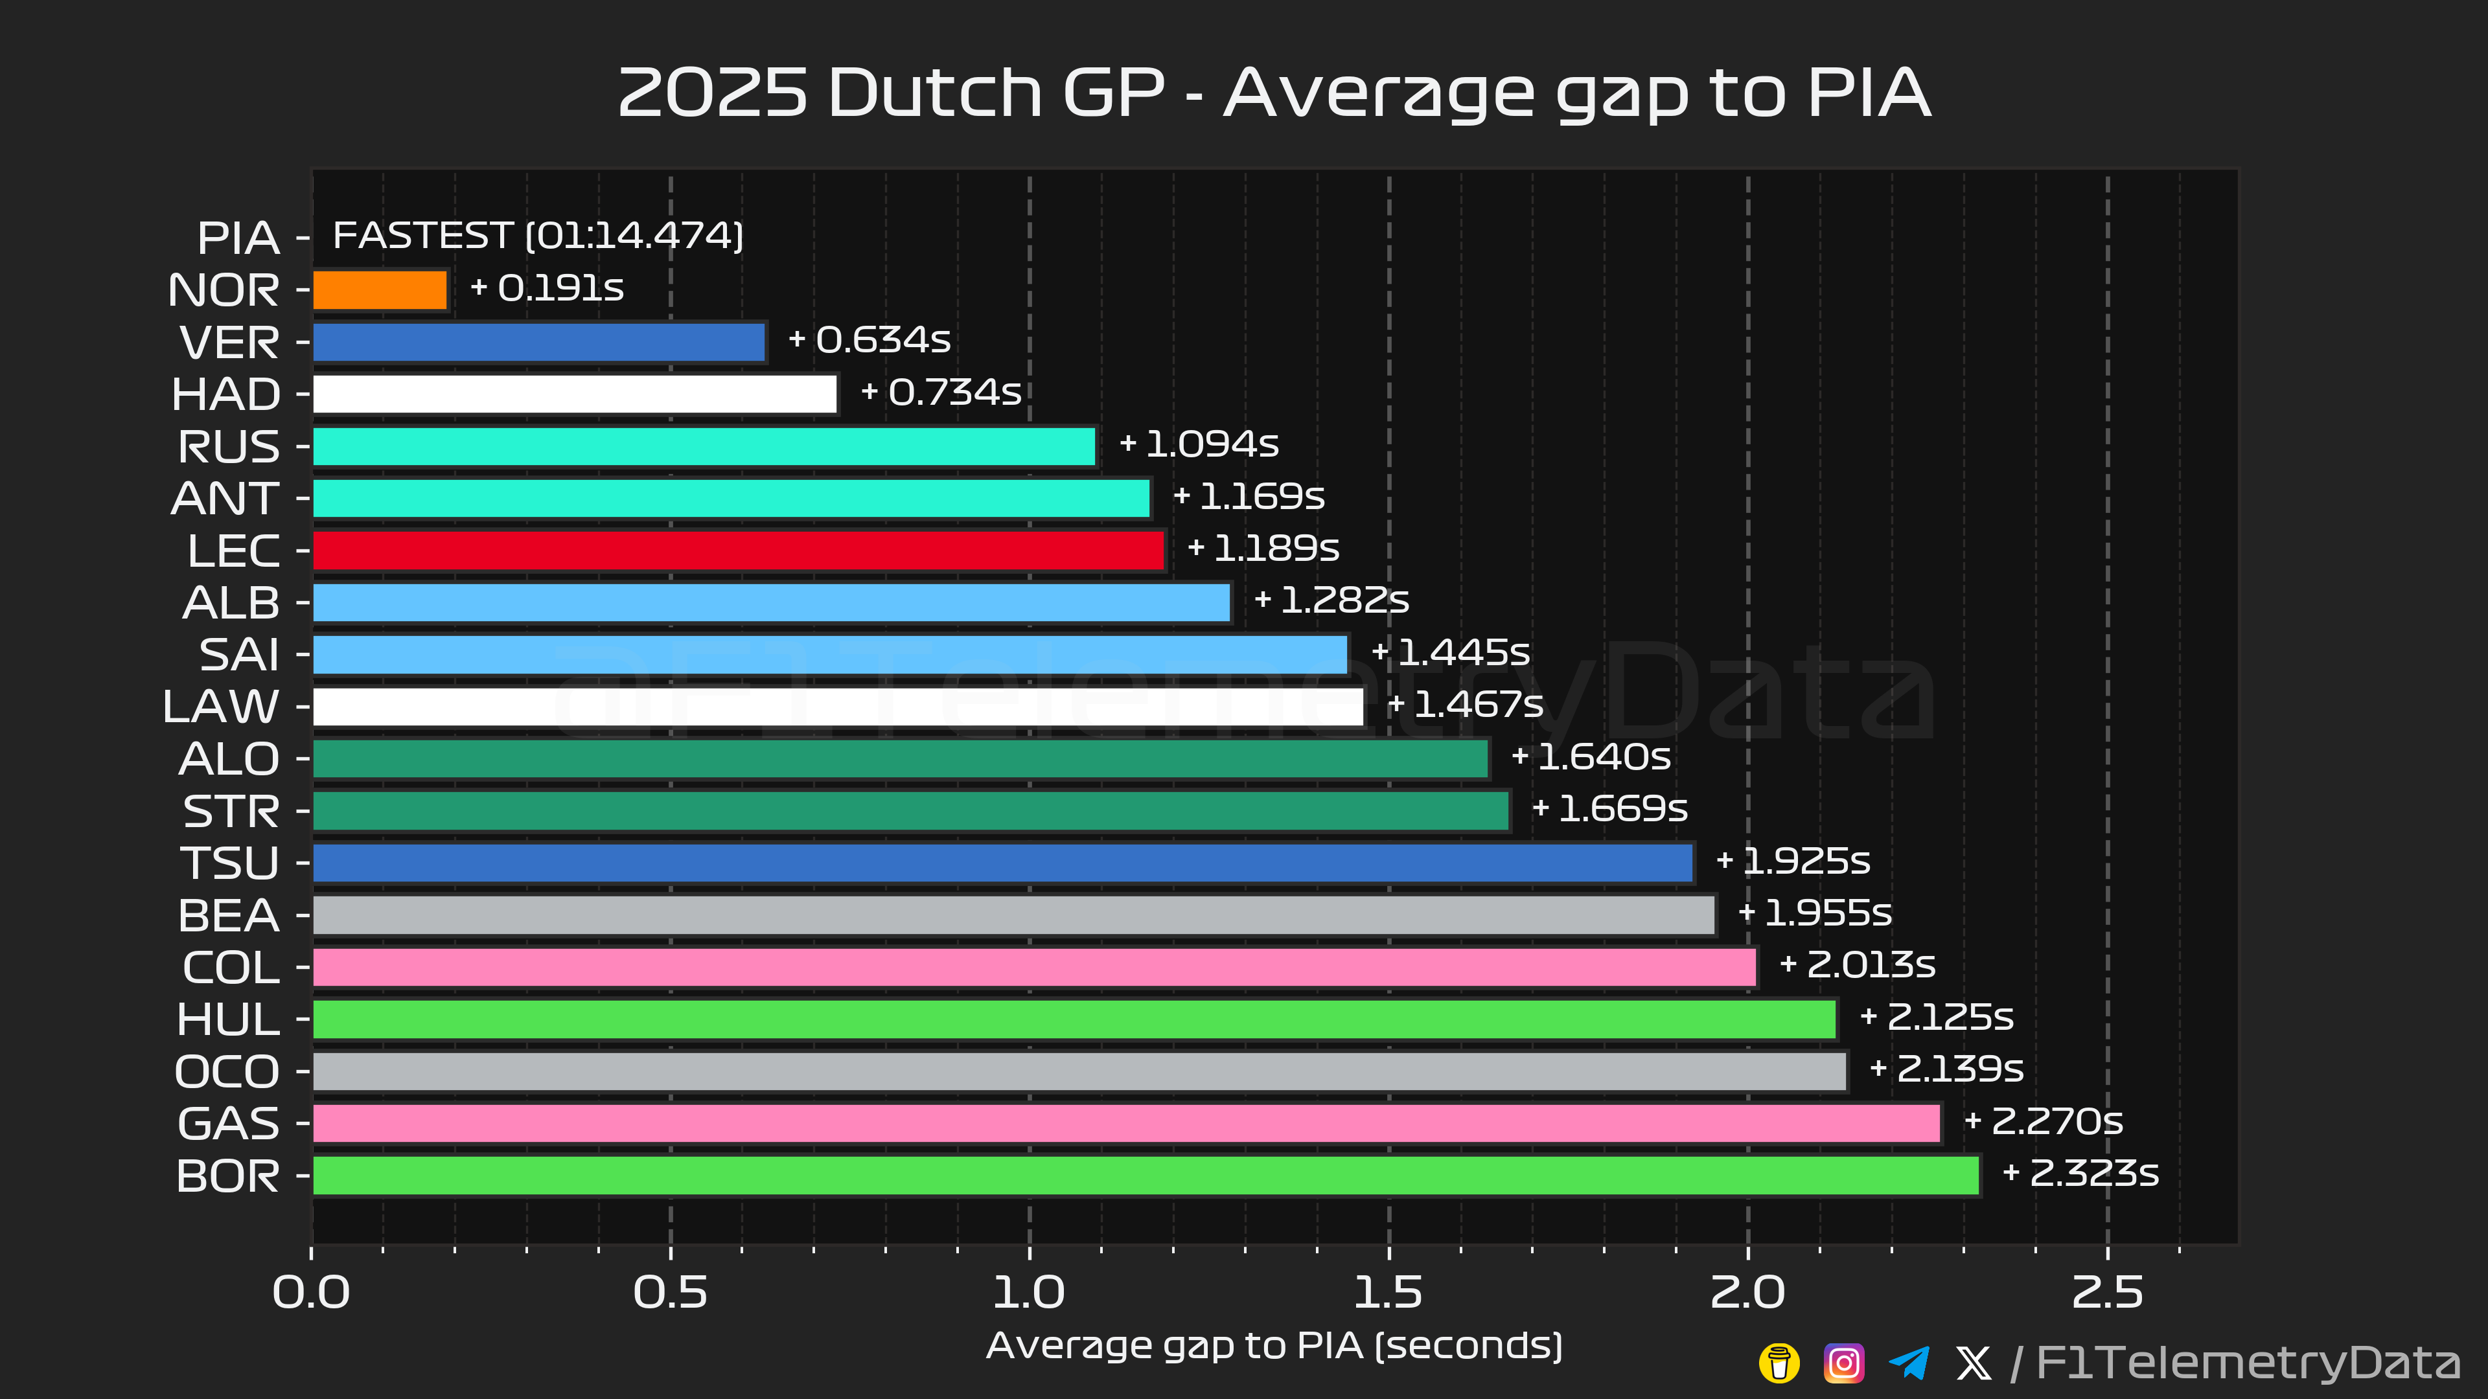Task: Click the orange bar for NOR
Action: point(380,290)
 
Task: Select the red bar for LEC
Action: point(739,551)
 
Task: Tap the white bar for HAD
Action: point(575,394)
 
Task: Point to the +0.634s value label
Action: point(870,340)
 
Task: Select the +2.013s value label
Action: point(1858,964)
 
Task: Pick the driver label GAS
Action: point(229,1124)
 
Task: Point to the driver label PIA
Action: point(238,238)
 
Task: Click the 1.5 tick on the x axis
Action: point(1388,1293)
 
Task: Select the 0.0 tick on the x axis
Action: point(311,1293)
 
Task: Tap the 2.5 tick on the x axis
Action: point(2106,1293)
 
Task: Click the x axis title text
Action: point(1274,1346)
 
